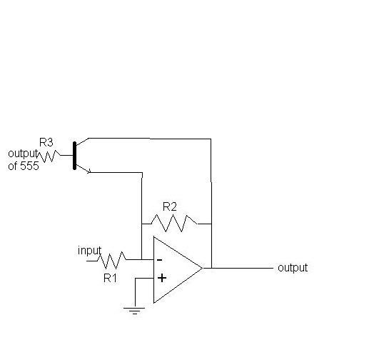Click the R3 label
tap(46, 142)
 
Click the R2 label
tap(169, 207)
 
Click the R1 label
tap(110, 278)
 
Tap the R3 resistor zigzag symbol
tap(49, 156)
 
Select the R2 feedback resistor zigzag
tap(174, 224)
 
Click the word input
tap(89, 251)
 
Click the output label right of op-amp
tap(293, 268)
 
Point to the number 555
tap(29, 166)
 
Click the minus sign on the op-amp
tap(159, 260)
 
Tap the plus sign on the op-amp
tap(162, 278)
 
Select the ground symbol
tap(134, 311)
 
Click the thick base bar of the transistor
tap(74, 156)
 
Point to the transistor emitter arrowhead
tap(89, 171)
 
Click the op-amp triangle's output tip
tap(203, 268)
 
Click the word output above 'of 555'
tap(23, 154)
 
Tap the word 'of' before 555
tap(12, 166)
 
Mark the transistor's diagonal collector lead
tap(82, 142)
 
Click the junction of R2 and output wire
tap(211, 224)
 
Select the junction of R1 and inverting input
tap(142, 259)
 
